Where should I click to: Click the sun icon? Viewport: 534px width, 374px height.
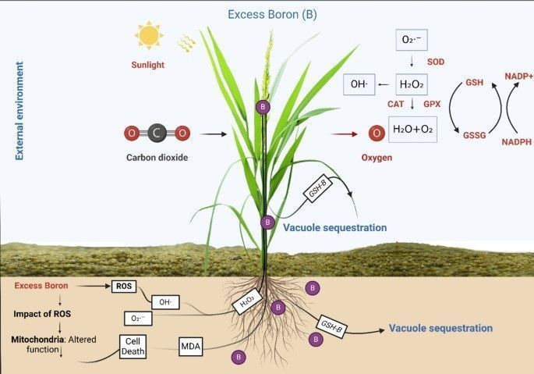pos(149,35)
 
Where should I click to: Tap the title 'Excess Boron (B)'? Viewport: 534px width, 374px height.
pos(272,14)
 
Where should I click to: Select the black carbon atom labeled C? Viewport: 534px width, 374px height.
pos(157,134)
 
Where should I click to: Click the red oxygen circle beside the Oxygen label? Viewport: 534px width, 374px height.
pos(377,134)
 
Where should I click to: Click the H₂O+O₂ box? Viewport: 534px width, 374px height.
pos(412,128)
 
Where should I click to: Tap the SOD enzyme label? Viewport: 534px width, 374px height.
pos(437,60)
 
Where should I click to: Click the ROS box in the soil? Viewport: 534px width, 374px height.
pos(124,287)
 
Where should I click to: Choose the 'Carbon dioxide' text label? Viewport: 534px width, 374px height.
pos(157,158)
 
